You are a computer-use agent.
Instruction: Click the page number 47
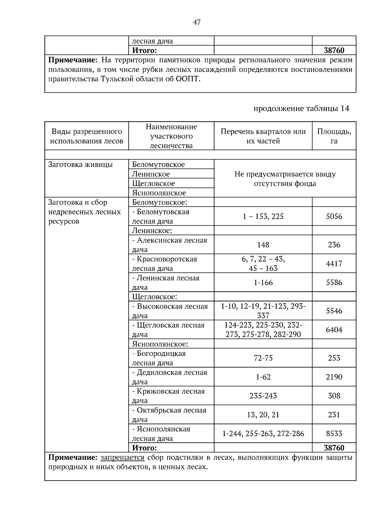coord(197,22)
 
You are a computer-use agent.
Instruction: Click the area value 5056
coord(334,216)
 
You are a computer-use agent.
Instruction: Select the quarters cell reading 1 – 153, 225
coord(263,216)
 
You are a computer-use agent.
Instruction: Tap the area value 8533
coord(334,434)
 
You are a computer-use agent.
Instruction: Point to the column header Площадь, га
coord(334,136)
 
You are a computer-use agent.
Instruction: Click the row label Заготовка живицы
coord(81,165)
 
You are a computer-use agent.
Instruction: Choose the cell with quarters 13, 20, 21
coord(263,415)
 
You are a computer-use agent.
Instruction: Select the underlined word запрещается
coord(122,458)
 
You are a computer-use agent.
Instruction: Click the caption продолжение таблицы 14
coord(301,109)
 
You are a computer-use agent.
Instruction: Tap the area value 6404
coord(334,330)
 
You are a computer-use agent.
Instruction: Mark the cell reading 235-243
coord(263,396)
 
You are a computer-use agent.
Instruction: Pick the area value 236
coord(334,245)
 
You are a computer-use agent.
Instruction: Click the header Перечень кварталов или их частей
coord(263,136)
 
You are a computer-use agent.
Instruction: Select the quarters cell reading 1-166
coord(263,283)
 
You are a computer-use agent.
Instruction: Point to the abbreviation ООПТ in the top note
coord(187,79)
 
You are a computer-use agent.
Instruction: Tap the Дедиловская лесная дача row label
coord(170,377)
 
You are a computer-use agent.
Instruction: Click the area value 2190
coord(334,377)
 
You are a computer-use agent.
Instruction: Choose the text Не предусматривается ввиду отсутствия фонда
coord(285,179)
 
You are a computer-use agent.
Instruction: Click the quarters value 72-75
coord(263,358)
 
